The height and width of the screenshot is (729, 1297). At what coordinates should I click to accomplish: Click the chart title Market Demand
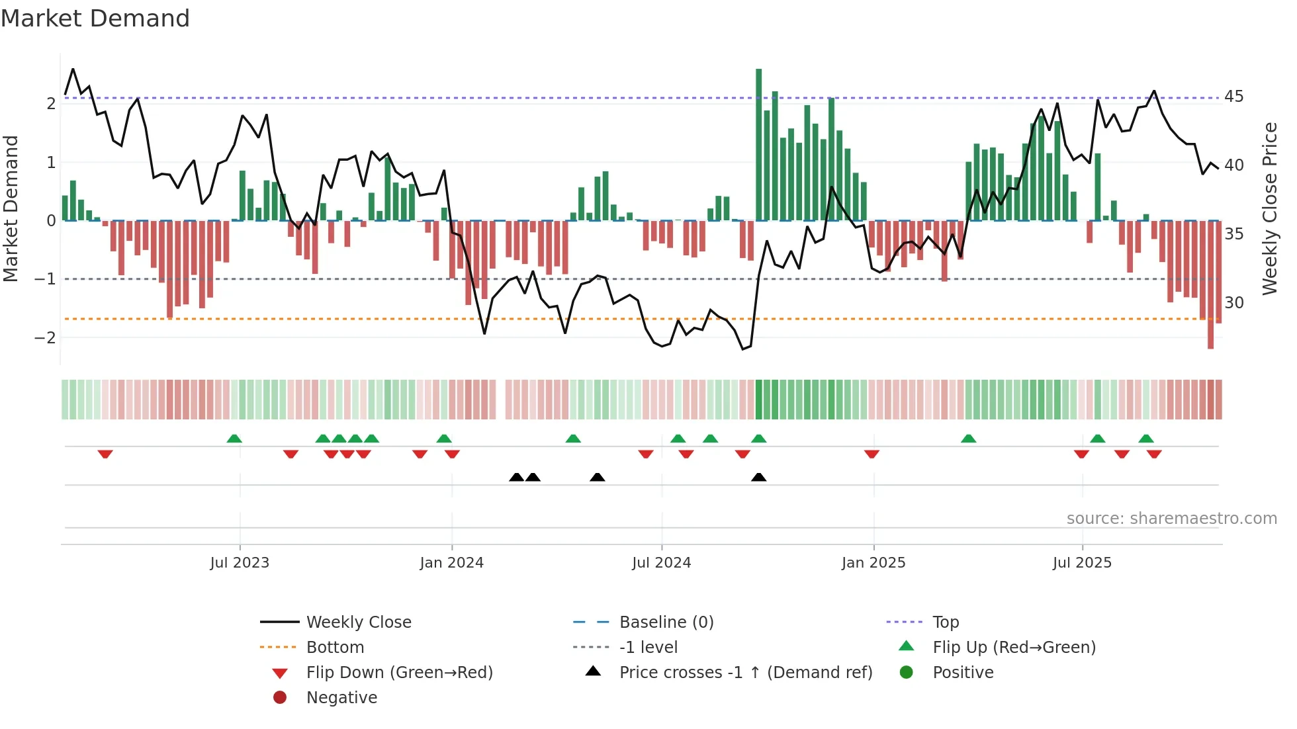coord(95,19)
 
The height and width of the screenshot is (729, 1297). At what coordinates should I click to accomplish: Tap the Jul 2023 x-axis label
coord(240,563)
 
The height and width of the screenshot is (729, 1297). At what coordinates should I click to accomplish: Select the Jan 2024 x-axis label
coord(451,563)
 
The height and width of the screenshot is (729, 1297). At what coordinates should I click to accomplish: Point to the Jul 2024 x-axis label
coord(661,563)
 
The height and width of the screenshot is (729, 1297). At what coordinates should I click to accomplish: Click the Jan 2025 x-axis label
coord(873,563)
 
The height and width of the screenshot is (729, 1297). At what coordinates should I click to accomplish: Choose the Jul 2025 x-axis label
coord(1082,563)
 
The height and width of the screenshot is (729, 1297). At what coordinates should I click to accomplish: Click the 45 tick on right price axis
coord(1233,97)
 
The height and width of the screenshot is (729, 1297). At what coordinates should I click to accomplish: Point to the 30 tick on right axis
coord(1233,303)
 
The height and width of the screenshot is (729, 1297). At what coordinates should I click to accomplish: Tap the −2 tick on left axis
coord(45,338)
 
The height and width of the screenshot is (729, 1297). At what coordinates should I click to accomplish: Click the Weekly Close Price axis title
coord(1269,208)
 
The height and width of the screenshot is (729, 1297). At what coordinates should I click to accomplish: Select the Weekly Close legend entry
coord(358,622)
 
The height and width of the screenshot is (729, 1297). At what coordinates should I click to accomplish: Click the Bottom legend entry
coord(335,648)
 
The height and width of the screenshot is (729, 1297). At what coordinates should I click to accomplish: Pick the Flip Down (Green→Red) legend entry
coord(399,673)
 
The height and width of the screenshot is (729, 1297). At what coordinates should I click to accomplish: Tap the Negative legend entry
coord(341,698)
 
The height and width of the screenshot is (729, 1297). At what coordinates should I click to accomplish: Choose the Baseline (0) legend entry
coord(666,622)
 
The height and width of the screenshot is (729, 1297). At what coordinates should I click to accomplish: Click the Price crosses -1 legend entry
coord(745,673)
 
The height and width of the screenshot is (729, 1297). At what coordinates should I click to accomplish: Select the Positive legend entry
coord(962,673)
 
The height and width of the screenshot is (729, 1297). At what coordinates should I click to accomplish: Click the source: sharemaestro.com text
coord(1171,519)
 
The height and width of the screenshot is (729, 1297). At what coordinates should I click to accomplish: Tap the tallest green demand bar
coord(759,146)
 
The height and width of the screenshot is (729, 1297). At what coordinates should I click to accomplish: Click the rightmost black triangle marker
coord(759,478)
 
